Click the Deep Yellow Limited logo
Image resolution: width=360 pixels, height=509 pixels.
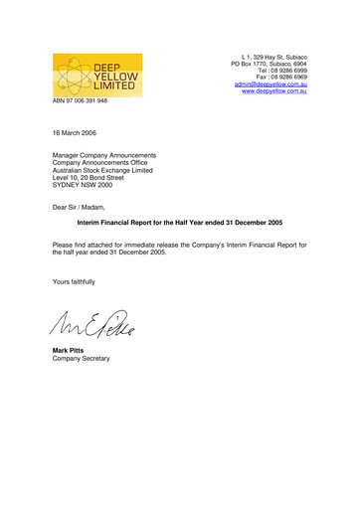pyautogui.click(x=97, y=76)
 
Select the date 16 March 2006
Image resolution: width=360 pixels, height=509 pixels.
pyautogui.click(x=75, y=131)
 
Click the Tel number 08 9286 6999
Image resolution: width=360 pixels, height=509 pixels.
pyautogui.click(x=288, y=70)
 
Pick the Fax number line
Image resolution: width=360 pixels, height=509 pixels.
pyautogui.click(x=288, y=77)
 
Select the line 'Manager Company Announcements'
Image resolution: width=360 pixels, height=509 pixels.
pyautogui.click(x=103, y=155)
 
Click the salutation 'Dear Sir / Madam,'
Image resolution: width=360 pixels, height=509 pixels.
pyautogui.click(x=84, y=208)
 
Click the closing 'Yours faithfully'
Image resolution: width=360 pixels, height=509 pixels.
pyautogui.click(x=74, y=281)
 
